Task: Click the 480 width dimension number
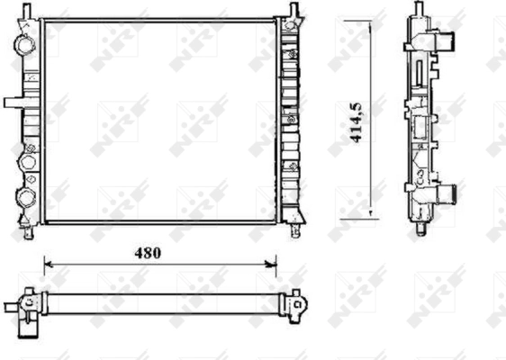[x=148, y=253]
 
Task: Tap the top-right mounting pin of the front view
[x=293, y=9]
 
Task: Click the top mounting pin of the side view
[x=420, y=8]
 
